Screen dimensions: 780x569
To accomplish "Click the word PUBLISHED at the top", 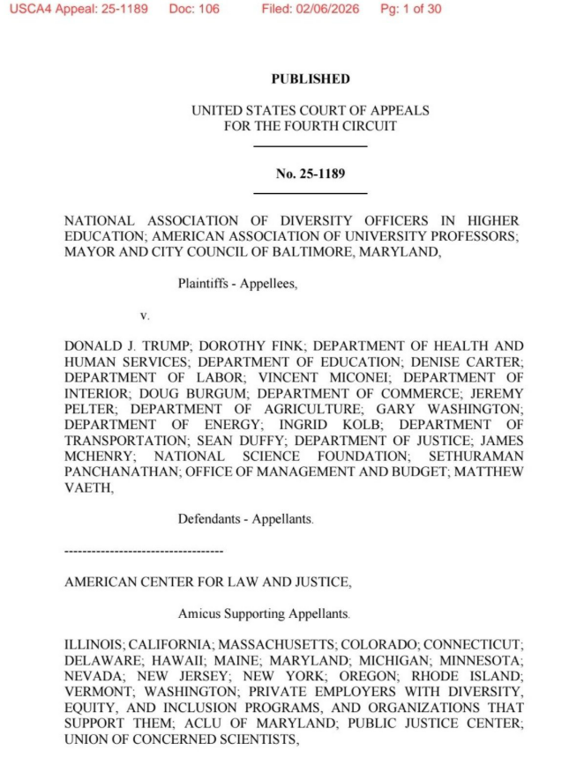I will click(310, 79).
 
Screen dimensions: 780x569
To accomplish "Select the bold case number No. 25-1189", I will click(310, 173).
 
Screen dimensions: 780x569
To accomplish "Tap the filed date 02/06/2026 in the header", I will click(328, 10).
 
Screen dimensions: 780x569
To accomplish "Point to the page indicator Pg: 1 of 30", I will click(410, 10).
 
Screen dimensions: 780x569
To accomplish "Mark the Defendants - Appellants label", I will click(244, 519).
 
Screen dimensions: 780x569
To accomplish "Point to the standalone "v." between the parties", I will click(146, 314).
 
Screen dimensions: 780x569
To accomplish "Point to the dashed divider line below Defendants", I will click(144, 551).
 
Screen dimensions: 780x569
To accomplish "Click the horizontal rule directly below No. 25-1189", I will click(310, 192).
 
